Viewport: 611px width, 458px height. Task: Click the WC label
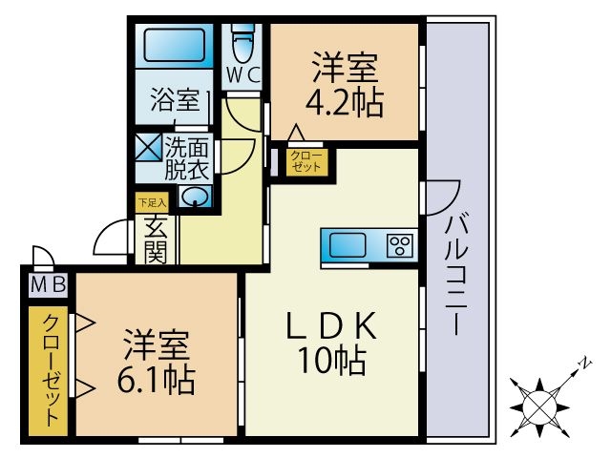(x=241, y=73)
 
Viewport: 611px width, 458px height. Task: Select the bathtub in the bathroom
(x=175, y=44)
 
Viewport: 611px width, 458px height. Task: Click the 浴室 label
(x=175, y=100)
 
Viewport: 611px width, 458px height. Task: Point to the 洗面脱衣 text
(x=187, y=159)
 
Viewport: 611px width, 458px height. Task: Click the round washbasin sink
(x=196, y=198)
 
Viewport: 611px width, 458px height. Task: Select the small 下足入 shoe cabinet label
(x=152, y=201)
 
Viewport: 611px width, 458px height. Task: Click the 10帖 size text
(x=332, y=362)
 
